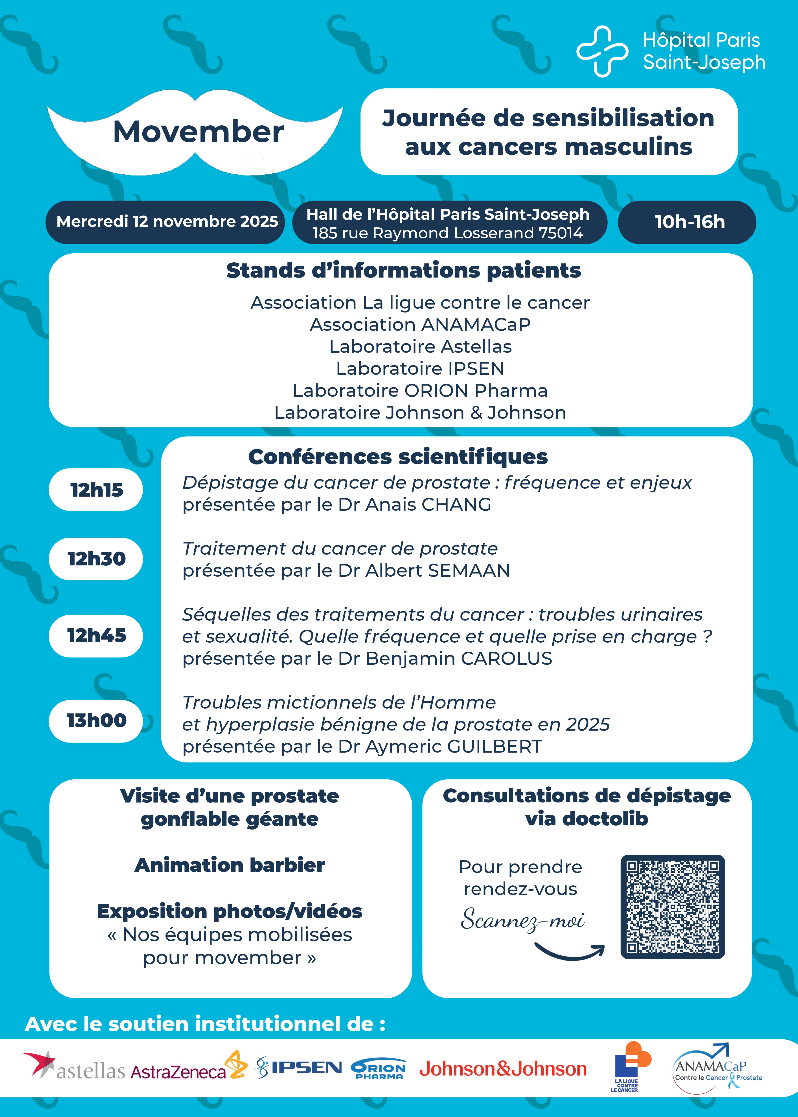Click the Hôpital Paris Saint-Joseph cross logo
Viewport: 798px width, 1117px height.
tap(602, 51)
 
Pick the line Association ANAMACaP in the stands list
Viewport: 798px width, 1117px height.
tap(420, 325)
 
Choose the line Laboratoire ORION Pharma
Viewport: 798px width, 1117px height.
tap(420, 390)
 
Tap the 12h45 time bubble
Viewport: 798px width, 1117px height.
tap(96, 635)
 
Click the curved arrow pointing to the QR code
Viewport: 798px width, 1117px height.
tap(570, 951)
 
